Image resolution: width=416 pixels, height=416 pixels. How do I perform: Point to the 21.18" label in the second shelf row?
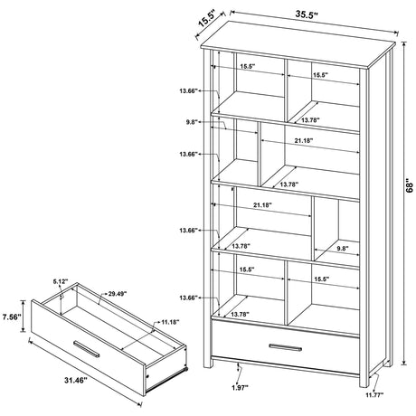[303, 141]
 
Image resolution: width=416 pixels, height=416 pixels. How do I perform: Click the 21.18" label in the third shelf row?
[264, 206]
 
